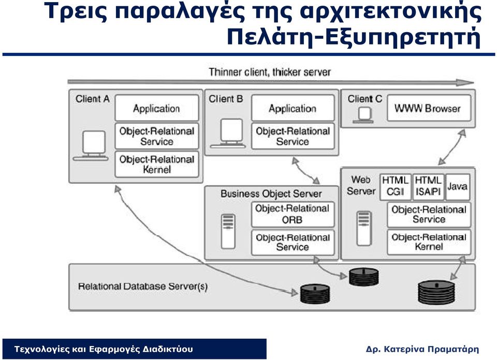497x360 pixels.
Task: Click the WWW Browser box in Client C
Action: [429, 108]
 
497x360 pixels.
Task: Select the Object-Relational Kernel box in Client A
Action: [156, 164]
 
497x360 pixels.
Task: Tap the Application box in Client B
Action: [293, 108]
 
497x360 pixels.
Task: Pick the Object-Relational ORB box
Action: [293, 214]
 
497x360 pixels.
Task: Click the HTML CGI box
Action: [395, 187]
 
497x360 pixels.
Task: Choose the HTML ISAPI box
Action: [428, 187]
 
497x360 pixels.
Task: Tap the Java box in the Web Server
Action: [457, 187]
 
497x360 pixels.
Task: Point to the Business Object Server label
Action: [271, 194]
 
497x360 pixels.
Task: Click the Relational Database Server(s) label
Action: [143, 287]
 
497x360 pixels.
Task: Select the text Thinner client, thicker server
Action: [270, 72]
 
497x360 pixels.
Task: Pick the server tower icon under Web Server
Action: [364, 228]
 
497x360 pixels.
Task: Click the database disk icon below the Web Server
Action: [436, 292]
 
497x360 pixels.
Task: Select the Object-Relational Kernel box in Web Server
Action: [429, 242]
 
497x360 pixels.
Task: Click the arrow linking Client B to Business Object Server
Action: [305, 171]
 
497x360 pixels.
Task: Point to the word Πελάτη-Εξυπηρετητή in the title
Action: [354, 37]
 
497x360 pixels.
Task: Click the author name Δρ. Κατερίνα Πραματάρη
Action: [422, 349]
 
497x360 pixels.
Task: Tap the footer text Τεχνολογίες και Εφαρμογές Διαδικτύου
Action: [104, 349]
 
